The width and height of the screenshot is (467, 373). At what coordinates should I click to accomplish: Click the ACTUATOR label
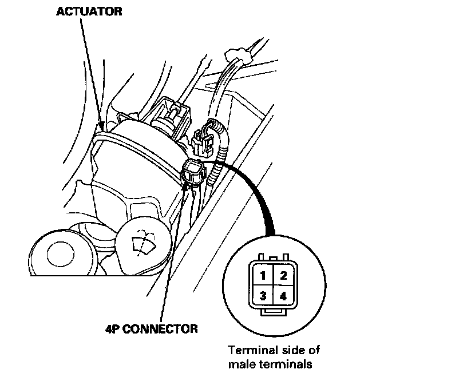(89, 11)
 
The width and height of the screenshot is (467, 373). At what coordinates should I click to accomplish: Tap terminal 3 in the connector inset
(263, 296)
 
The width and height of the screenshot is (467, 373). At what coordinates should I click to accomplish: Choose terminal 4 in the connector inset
(282, 296)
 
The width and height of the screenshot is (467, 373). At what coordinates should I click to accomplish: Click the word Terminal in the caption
(248, 350)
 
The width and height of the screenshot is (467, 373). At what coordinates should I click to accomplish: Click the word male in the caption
(241, 363)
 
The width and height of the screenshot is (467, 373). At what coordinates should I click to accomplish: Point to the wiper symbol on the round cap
(140, 243)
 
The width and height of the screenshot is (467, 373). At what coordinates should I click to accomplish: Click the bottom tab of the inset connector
(272, 312)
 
